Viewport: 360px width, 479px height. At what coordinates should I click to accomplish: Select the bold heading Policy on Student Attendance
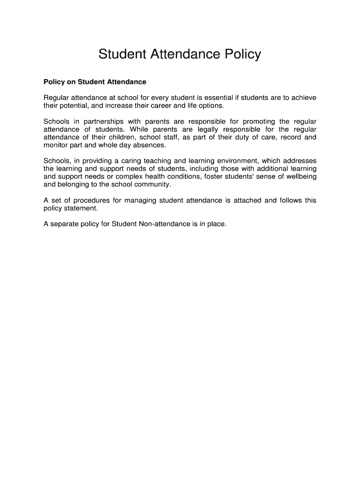(95, 82)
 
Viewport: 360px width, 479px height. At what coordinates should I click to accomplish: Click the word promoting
(259, 122)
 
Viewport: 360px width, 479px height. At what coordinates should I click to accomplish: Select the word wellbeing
(300, 177)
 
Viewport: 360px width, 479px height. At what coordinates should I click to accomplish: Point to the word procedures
(90, 201)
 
